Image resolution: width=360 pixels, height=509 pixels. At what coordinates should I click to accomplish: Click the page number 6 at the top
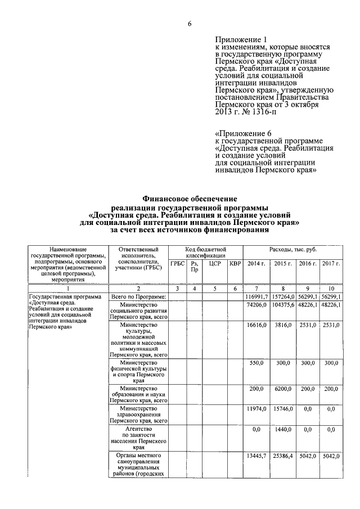pos(190,23)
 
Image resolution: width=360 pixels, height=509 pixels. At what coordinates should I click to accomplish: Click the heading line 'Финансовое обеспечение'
pos(190,199)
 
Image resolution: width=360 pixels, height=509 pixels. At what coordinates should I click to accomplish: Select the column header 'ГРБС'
pos(178,263)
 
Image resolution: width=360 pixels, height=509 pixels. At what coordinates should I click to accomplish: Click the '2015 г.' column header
pos(282,263)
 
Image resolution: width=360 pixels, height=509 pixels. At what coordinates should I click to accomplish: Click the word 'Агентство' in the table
pos(138,429)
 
